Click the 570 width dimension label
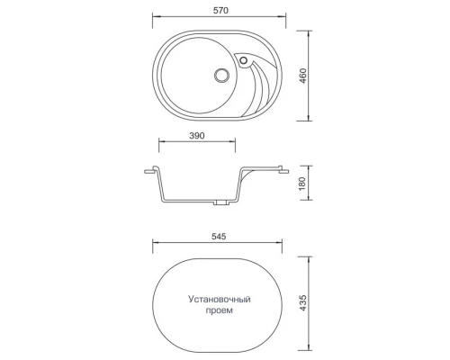coord(219,10)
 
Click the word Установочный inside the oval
coord(219,297)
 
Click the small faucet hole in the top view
coord(242,61)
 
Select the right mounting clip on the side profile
coord(282,167)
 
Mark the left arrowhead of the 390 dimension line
coord(161,142)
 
